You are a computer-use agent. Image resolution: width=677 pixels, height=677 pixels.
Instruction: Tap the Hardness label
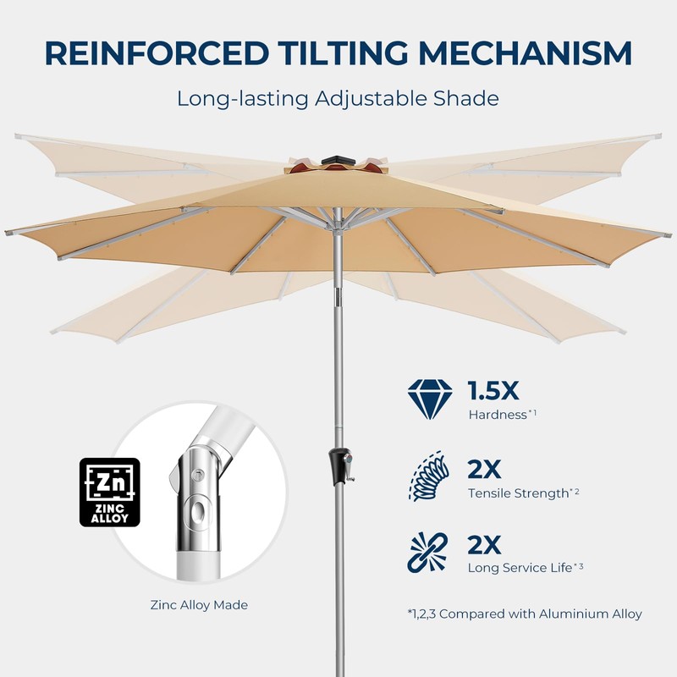coord(498,416)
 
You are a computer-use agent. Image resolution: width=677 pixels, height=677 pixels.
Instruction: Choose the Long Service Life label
coord(520,568)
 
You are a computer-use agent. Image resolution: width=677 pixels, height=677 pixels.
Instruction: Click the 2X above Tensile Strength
coord(484,467)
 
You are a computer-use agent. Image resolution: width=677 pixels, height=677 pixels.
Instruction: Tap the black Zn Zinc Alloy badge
coord(109,493)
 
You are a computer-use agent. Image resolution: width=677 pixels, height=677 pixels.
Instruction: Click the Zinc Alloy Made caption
coord(199,605)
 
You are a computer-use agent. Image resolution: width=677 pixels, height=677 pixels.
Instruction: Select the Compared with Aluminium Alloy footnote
coord(524,614)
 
